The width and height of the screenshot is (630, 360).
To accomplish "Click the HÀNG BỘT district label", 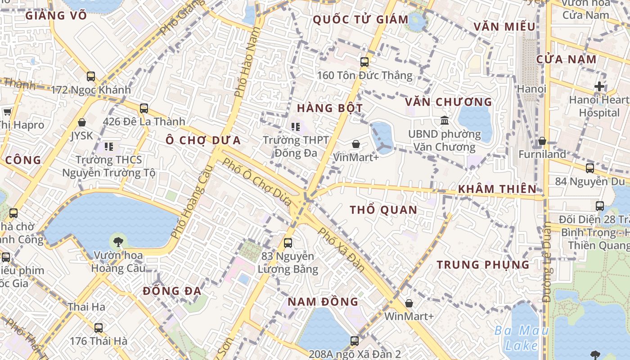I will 330,108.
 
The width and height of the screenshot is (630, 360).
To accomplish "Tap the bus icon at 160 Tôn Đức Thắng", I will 364,62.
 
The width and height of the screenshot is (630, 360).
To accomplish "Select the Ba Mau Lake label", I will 521,338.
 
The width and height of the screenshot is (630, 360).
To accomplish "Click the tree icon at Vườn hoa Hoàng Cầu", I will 118,242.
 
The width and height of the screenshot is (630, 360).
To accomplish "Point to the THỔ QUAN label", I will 383,210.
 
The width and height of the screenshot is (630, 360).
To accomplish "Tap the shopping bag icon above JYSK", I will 82,122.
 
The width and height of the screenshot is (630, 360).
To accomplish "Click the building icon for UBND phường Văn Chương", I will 445,121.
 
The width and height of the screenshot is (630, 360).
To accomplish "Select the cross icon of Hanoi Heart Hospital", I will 599,86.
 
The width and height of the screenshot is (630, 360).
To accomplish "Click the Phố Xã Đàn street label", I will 342,249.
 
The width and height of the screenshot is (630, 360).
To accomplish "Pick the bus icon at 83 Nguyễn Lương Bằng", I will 288,243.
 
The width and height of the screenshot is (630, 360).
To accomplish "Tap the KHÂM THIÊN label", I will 497,189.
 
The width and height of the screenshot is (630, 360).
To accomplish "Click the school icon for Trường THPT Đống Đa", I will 296,127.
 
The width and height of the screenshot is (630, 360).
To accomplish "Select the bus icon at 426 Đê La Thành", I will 144,108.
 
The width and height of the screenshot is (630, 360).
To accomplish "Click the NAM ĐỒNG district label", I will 323,301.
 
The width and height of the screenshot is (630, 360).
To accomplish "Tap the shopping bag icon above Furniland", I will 542,141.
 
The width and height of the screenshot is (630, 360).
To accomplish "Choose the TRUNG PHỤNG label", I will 483,265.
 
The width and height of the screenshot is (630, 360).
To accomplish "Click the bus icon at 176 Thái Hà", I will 99,328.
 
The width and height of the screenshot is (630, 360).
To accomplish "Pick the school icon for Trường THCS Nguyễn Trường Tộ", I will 109,146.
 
